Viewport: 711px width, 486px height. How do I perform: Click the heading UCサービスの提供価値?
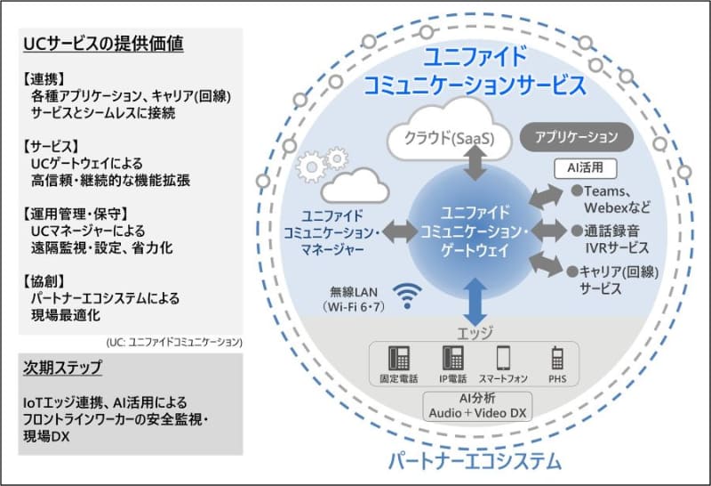(104, 42)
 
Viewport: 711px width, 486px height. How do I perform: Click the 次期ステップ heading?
(63, 368)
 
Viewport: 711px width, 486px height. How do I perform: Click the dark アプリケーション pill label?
(575, 137)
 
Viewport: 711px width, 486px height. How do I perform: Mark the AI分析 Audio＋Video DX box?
(476, 405)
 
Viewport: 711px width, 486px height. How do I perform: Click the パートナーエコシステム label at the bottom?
(475, 461)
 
